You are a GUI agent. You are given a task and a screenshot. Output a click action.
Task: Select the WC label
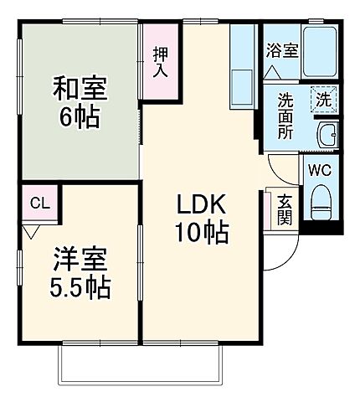coord(319,170)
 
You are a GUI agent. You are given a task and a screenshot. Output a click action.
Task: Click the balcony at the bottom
coord(141,364)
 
